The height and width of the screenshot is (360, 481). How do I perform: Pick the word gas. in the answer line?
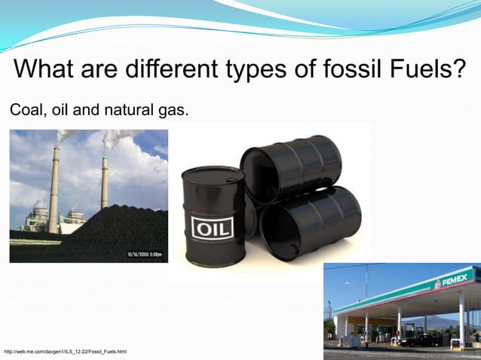coord(172,111)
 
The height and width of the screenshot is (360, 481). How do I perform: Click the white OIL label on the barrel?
coord(213,227)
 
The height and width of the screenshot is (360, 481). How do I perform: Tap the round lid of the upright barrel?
coord(213,175)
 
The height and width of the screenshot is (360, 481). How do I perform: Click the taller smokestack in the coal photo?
coord(55,188)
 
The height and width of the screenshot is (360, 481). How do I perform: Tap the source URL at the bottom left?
coord(66,352)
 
